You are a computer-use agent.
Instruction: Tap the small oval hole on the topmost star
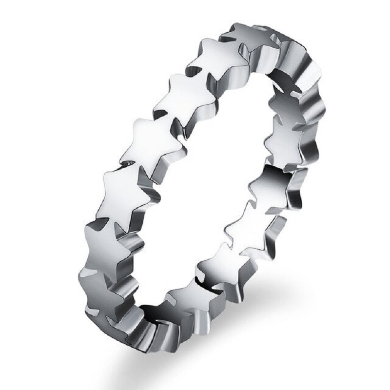[x=265, y=29]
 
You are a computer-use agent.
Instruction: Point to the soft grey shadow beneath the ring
[x=273, y=302]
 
